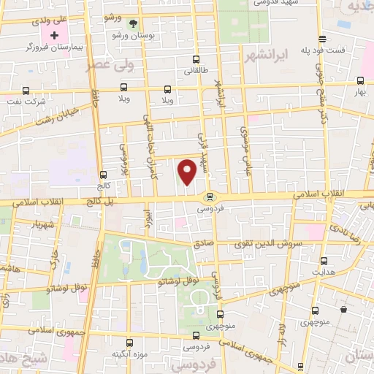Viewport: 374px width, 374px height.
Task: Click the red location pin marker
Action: (x=188, y=172)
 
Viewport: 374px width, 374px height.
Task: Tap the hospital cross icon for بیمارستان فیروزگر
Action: (x=55, y=34)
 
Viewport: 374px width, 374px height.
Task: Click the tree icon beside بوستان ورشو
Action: (x=133, y=24)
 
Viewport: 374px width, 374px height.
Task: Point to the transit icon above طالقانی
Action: (x=195, y=60)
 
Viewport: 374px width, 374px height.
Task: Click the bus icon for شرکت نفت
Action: (x=26, y=91)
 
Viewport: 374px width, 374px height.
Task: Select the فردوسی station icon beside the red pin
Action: (x=210, y=195)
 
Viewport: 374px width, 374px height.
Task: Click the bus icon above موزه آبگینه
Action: (x=130, y=342)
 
